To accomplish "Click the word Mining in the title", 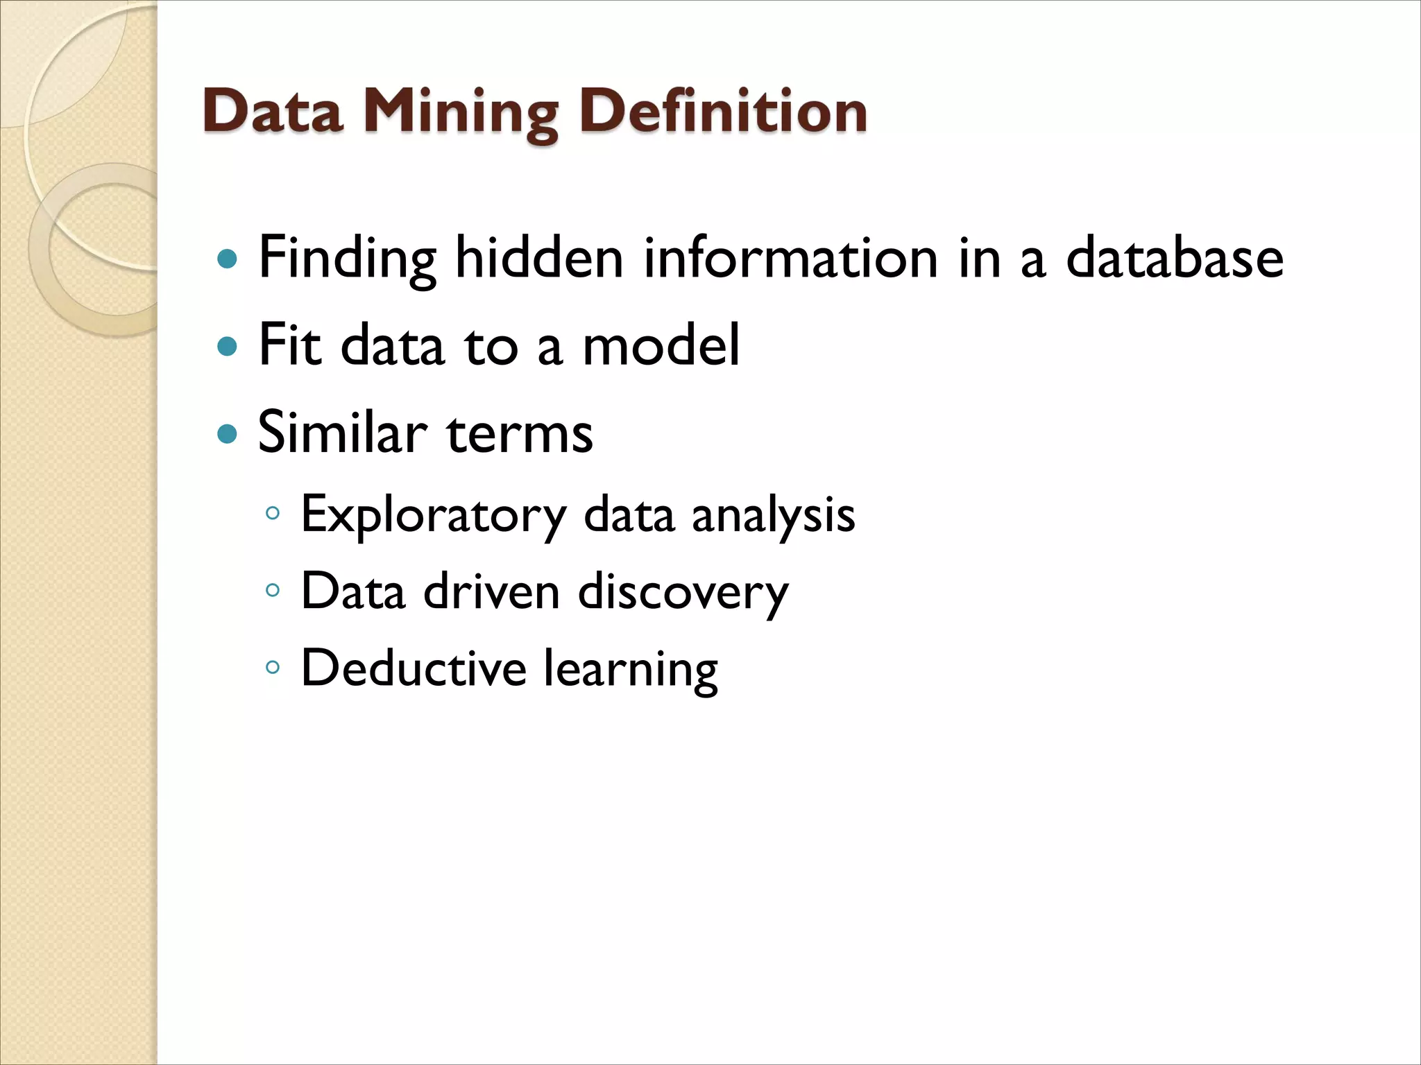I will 461,113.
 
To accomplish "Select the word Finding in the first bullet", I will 347,258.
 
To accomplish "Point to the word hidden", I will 539,258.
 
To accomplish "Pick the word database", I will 1174,258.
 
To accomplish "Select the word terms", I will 520,434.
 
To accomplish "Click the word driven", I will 491,592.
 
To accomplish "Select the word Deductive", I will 414,668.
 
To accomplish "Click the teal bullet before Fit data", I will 227,345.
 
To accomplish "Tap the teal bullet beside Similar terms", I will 227,434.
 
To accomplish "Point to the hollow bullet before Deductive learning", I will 273,668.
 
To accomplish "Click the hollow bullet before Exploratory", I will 273,514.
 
